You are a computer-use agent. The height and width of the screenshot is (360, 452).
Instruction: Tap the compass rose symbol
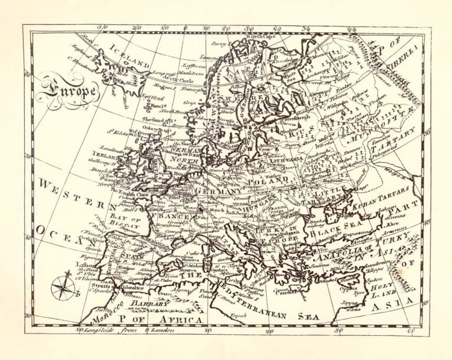click(62, 287)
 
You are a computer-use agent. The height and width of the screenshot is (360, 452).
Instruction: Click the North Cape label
click(260, 37)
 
